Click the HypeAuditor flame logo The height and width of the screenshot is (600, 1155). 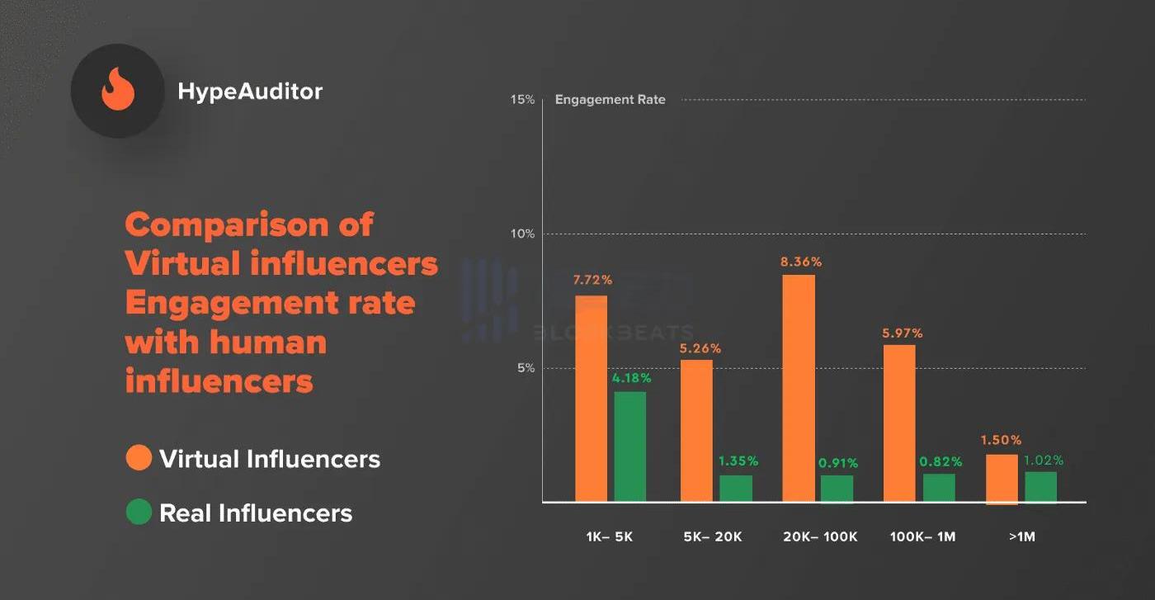tap(117, 91)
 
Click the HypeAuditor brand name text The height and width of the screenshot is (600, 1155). tap(250, 91)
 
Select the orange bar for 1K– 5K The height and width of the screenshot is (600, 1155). tap(591, 399)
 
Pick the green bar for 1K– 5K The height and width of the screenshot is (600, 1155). tap(630, 446)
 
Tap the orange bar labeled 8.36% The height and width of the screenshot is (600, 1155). tap(799, 388)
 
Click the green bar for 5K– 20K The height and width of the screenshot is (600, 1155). tap(736, 488)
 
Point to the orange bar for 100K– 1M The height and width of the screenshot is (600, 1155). tap(899, 423)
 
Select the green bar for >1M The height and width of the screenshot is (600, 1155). tap(1040, 486)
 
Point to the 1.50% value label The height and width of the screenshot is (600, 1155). tap(1001, 440)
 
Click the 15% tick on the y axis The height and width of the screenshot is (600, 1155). tap(523, 100)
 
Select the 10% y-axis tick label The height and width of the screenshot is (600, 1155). tap(522, 234)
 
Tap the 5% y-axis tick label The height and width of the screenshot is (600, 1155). tap(526, 368)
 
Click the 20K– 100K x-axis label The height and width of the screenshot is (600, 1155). tap(820, 537)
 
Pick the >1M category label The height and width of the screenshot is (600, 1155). tap(1021, 537)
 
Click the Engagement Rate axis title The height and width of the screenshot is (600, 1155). tap(610, 100)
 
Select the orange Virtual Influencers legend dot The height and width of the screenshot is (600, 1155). tap(139, 458)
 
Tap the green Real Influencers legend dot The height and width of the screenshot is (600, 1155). tap(139, 513)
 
